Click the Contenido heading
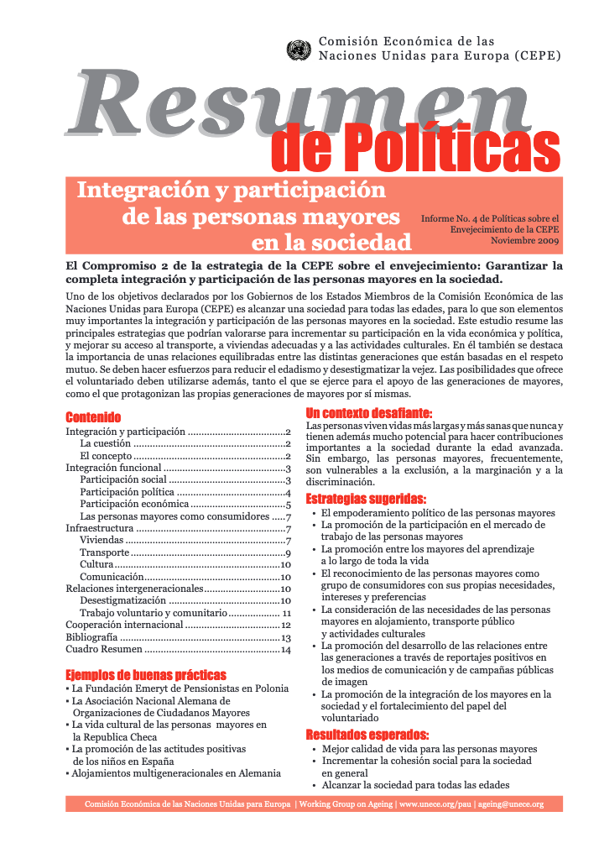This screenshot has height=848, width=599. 93,417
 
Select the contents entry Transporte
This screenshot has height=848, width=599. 104,552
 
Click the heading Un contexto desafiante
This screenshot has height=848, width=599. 369,413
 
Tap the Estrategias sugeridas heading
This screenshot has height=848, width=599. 366,498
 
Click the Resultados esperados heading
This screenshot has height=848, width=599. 367,735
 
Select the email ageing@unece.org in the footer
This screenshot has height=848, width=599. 509,804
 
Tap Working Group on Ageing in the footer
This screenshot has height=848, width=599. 345,804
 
